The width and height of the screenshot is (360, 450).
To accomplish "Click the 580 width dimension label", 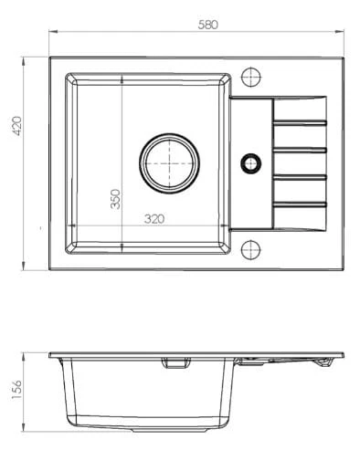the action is click(x=207, y=25).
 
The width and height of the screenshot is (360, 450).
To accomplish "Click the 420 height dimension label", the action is click(x=16, y=126).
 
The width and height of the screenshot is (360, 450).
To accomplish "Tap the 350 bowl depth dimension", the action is click(x=115, y=199).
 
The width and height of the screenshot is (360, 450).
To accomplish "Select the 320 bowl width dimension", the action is click(x=154, y=219).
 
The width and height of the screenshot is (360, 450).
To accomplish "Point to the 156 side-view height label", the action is click(x=16, y=390).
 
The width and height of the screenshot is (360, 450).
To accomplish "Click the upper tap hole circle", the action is click(x=251, y=77).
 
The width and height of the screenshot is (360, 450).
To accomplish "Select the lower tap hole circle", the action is click(x=251, y=250).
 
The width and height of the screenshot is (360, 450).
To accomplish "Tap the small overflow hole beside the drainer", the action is click(x=250, y=163).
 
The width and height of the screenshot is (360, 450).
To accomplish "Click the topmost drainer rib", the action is click(x=300, y=122).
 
